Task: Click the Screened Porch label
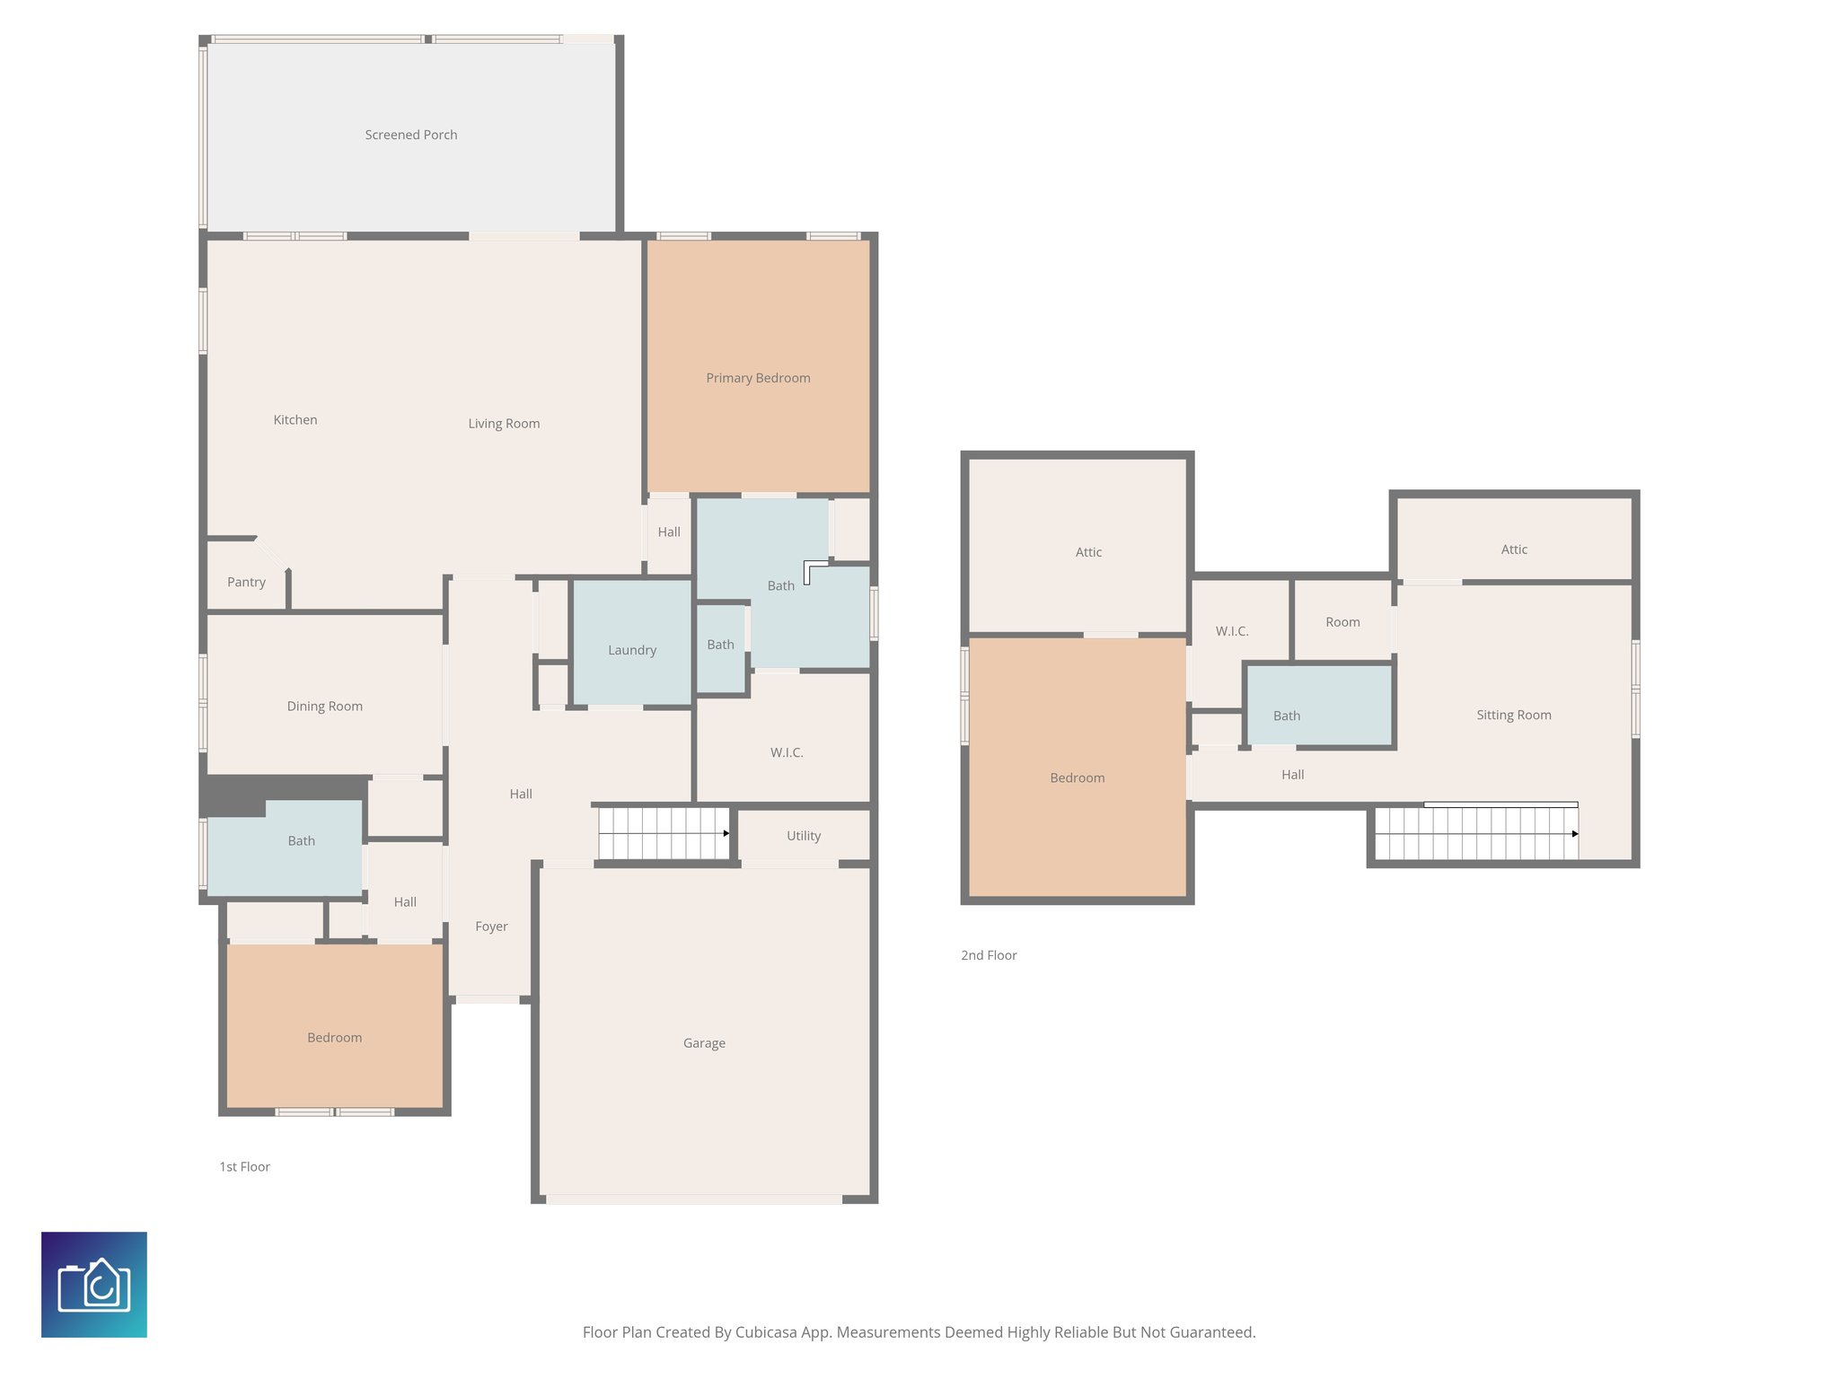tap(411, 135)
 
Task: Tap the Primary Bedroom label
tap(758, 378)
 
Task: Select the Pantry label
tap(246, 582)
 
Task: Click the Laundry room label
tap(632, 650)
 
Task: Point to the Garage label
tap(704, 1043)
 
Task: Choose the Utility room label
tap(804, 836)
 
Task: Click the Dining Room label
tap(324, 707)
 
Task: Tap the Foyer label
tap(491, 927)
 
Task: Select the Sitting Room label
tap(1514, 716)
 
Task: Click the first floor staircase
tap(664, 833)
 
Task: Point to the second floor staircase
tap(1476, 833)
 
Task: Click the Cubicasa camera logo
tap(94, 1285)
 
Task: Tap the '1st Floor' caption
tap(244, 1167)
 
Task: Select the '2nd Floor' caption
tap(989, 955)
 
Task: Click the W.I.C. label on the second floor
tap(1232, 631)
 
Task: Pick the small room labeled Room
tap(1342, 622)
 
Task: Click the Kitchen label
tap(295, 420)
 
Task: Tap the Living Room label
tap(504, 424)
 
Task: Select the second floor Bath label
tap(1287, 716)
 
